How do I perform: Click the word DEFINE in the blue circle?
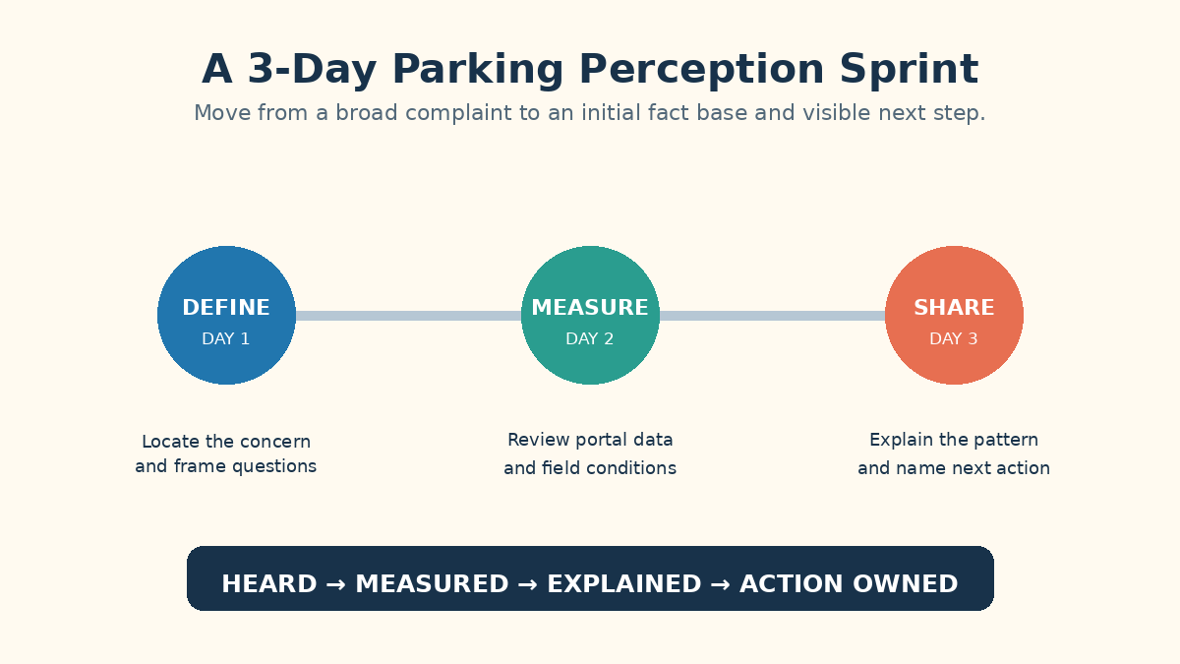(226, 307)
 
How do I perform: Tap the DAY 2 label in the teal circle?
(589, 338)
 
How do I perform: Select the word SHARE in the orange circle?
(954, 307)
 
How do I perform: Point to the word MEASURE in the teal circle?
(590, 307)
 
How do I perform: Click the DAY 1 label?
(226, 338)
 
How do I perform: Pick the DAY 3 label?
(954, 338)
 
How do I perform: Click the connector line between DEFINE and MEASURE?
(408, 316)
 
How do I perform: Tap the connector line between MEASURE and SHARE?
(772, 316)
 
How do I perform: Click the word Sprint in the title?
(910, 70)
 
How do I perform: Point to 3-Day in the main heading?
(313, 70)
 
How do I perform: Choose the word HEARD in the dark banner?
(269, 584)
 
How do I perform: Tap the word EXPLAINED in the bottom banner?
(624, 584)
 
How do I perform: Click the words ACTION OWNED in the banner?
(849, 584)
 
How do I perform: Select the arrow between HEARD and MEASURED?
(336, 584)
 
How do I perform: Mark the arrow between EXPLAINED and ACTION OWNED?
(721, 584)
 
